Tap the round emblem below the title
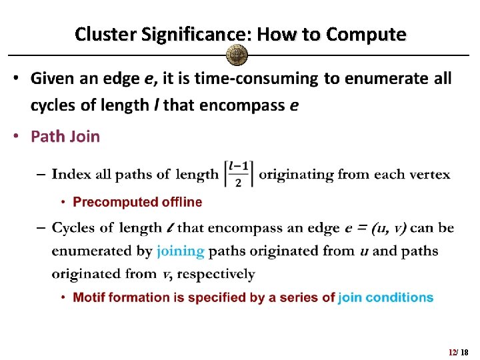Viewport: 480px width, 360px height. [237, 55]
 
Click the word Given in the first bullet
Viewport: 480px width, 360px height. [53, 79]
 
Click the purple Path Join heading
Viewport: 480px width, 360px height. [65, 137]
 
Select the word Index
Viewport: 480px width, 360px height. [71, 175]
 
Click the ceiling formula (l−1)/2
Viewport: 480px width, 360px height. [239, 174]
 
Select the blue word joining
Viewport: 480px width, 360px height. [181, 251]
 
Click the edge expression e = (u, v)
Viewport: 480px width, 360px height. [375, 228]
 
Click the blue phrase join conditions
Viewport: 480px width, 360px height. [386, 297]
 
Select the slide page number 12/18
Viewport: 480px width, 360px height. [459, 352]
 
